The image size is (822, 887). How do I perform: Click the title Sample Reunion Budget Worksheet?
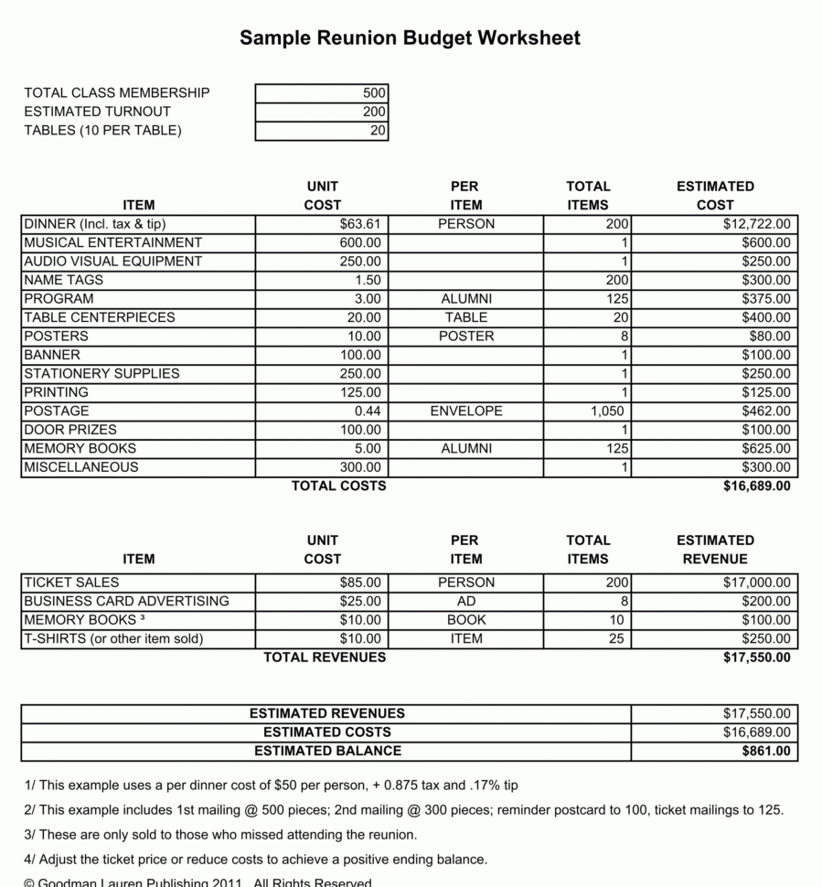click(410, 37)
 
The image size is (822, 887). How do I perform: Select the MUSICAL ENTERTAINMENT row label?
click(113, 242)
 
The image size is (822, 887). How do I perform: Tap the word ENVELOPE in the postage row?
click(466, 411)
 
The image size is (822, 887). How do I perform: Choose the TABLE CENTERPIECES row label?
click(100, 317)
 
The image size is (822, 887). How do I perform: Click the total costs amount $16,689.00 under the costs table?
click(756, 486)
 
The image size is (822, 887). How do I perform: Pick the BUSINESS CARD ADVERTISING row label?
click(126, 602)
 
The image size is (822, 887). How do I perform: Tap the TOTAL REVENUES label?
click(325, 657)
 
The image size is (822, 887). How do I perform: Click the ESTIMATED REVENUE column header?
click(715, 550)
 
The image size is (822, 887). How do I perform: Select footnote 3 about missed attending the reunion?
click(220, 835)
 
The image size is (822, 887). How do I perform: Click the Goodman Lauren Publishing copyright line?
click(197, 882)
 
